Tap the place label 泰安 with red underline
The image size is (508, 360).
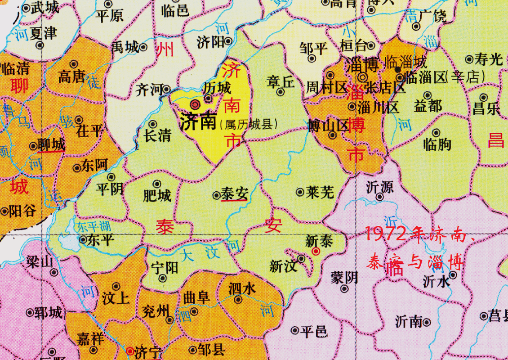pos(235,194)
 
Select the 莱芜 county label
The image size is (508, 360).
pos(320,193)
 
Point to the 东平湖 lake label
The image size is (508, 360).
pos(93,225)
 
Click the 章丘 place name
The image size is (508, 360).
pos(280,81)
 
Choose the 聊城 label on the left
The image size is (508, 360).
pos(51,145)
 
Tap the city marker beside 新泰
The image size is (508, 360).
pos(316,252)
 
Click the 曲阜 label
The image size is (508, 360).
pos(196,297)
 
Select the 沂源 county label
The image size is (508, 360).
pos(379,185)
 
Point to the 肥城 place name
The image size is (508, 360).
pos(157,196)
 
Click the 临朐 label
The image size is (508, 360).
pos(437,144)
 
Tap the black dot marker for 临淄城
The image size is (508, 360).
pos(398,69)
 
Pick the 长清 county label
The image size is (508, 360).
pos(157,135)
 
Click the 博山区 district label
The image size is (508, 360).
pos(328,126)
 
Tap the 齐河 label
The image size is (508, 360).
pos(149,90)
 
